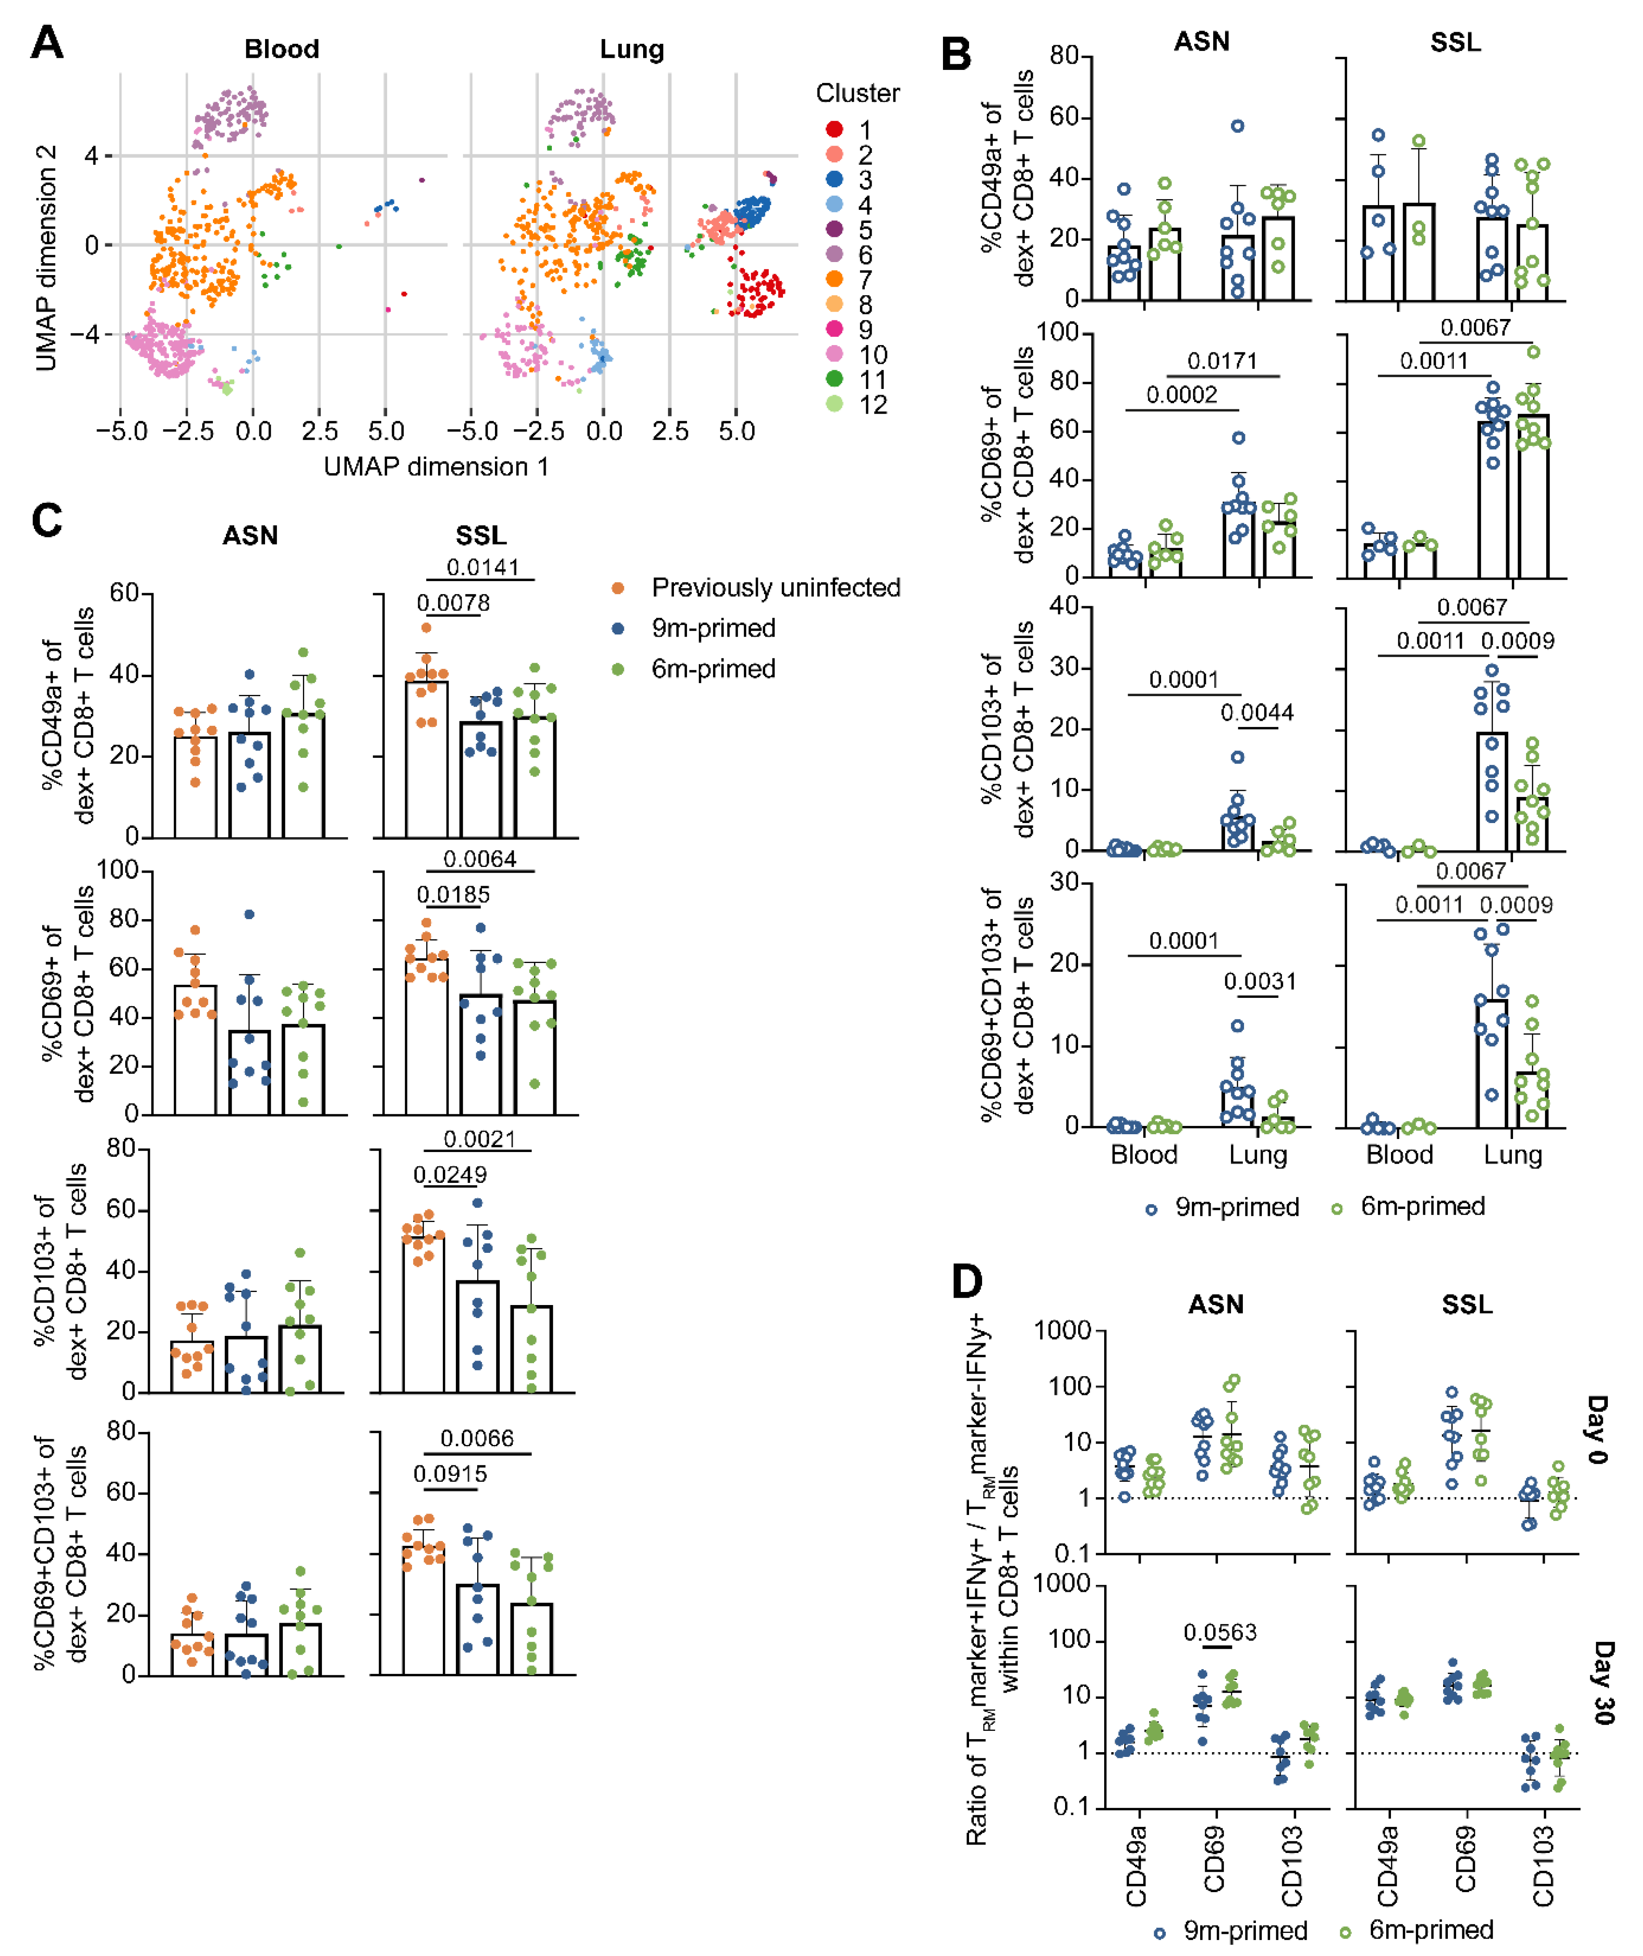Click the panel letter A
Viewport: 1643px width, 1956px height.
coord(47,43)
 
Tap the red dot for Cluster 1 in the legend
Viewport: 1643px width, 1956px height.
coord(835,130)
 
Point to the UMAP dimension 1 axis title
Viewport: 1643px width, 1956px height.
coord(436,467)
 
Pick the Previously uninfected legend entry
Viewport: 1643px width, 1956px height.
coord(776,588)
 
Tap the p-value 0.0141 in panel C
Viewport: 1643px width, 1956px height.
coord(482,567)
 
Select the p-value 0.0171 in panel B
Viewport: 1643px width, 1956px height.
coord(1222,360)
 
